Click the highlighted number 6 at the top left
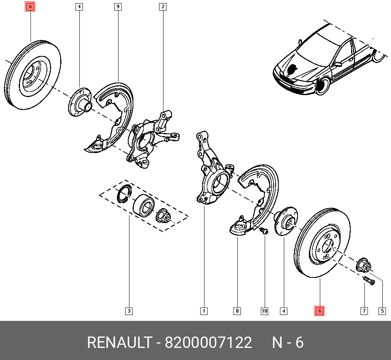pyautogui.click(x=30, y=7)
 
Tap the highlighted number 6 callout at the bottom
pyautogui.click(x=319, y=311)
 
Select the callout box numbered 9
pyautogui.click(x=118, y=7)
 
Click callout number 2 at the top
pyautogui.click(x=163, y=7)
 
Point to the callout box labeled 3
pyautogui.click(x=129, y=311)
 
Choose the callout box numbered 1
pyautogui.click(x=204, y=311)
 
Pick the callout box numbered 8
pyautogui.click(x=237, y=311)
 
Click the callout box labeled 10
pyautogui.click(x=264, y=311)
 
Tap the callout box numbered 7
pyautogui.click(x=364, y=311)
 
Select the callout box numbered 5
pyautogui.click(x=382, y=311)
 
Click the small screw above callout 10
pyautogui.click(x=264, y=230)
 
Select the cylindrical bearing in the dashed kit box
pyautogui.click(x=143, y=205)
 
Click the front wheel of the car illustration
pyautogui.click(x=323, y=86)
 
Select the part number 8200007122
pyautogui.click(x=208, y=343)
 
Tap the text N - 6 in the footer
pyautogui.click(x=288, y=343)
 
